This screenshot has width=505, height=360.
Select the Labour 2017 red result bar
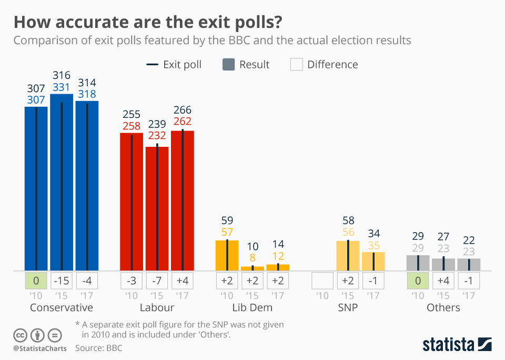[183, 200]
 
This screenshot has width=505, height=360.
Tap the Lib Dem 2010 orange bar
[227, 255]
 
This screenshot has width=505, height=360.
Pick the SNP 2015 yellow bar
[348, 256]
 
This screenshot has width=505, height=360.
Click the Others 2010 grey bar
[418, 263]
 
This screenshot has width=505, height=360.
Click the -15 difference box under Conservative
[62, 279]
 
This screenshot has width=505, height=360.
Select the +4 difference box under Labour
[183, 279]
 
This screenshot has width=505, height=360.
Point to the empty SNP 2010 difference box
[322, 279]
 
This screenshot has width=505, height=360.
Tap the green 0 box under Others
[418, 279]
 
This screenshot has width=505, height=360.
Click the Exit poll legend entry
[174, 65]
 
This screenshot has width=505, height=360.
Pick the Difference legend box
[297, 65]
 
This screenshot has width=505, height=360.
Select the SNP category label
[348, 307]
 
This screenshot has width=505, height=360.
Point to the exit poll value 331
[62, 87]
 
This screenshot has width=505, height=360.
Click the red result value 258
[132, 126]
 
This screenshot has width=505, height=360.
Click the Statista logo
[457, 345]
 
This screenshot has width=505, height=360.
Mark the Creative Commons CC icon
[21, 335]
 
